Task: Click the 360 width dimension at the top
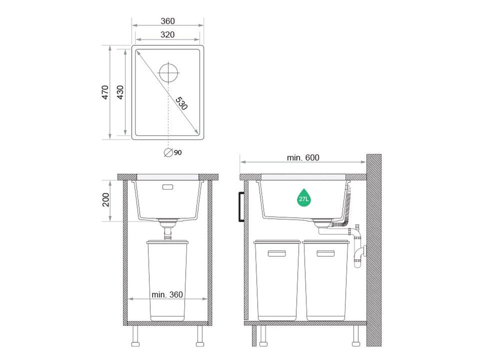pyautogui.click(x=168, y=21)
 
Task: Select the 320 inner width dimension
pyautogui.click(x=168, y=35)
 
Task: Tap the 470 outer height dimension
pyautogui.click(x=105, y=92)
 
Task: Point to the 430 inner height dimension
pyautogui.click(x=120, y=92)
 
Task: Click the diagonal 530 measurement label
pyautogui.click(x=182, y=103)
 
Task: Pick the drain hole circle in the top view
pyautogui.click(x=169, y=73)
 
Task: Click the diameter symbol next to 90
pyautogui.click(x=168, y=152)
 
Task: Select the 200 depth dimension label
pyautogui.click(x=106, y=200)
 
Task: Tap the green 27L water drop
pyautogui.click(x=304, y=198)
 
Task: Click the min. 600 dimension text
pyautogui.click(x=303, y=157)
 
